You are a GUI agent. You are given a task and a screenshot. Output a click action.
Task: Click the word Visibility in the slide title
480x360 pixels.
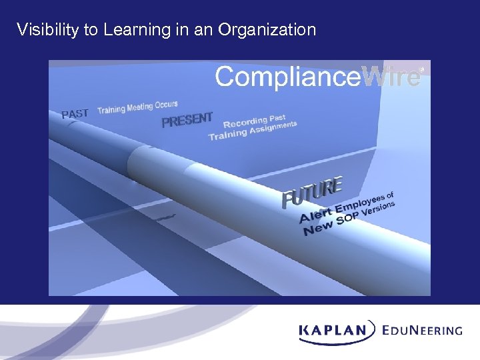click(45, 30)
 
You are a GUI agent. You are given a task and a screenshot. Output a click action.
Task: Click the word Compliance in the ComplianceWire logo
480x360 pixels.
click(287, 77)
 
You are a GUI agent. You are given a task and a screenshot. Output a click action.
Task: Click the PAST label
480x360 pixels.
click(75, 113)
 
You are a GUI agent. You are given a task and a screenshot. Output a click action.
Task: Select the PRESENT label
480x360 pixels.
click(187, 120)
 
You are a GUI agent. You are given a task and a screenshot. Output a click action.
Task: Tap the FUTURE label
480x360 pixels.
click(312, 192)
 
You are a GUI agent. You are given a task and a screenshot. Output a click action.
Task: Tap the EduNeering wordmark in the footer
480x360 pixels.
click(423, 329)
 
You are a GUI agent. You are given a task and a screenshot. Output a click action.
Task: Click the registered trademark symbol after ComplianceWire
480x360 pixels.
click(421, 67)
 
